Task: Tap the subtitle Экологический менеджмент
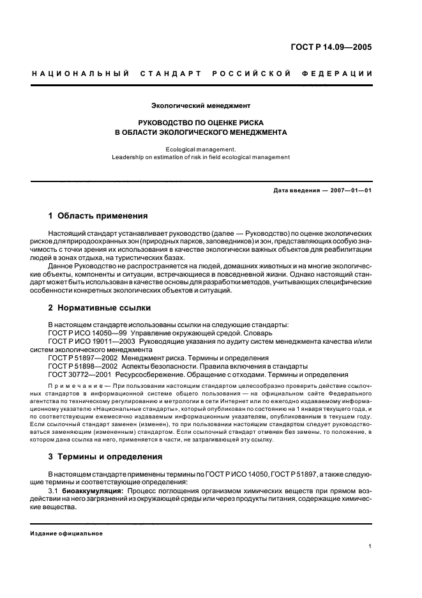click(200, 104)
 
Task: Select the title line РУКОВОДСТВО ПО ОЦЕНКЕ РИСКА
click(200, 121)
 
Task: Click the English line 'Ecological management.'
click(200, 148)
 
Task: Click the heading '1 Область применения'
click(98, 215)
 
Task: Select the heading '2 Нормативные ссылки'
click(91, 308)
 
